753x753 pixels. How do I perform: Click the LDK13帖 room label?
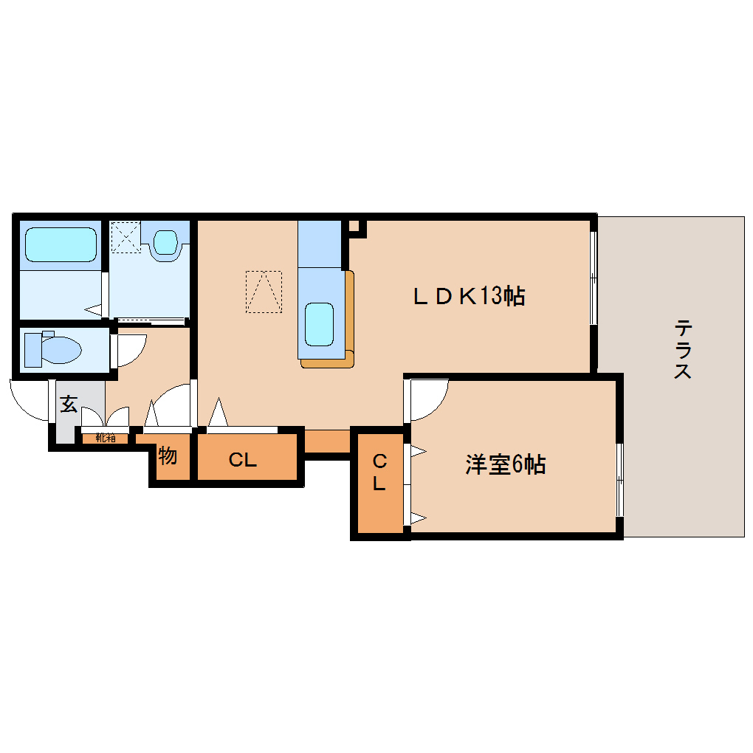coord(468,297)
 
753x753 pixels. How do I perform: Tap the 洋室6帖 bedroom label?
coord(505,464)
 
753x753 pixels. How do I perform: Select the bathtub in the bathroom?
coord(61,244)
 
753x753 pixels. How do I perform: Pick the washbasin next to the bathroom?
coord(166,242)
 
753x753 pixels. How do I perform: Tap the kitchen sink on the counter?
coord(320,323)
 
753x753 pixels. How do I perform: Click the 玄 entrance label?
coord(69,404)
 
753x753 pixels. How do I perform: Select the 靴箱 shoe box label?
coord(105,437)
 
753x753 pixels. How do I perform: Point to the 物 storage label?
coord(168,456)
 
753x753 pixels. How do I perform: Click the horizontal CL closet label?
coord(242,461)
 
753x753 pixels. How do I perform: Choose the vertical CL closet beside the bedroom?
coord(379,473)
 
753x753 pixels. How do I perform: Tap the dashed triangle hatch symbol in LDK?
coord(264,292)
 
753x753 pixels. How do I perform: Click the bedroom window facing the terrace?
coord(620,480)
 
